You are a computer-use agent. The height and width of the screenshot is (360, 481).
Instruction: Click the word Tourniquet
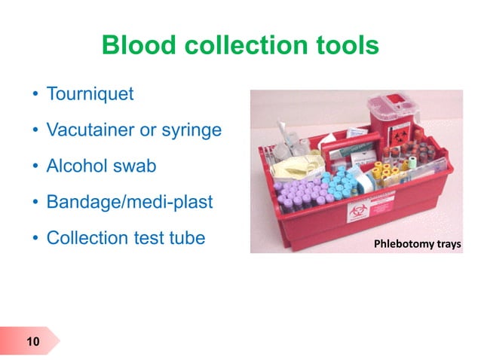point(90,95)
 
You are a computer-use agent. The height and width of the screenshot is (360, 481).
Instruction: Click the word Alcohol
point(77,166)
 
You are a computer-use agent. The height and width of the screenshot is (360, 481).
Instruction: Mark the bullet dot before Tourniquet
point(35,96)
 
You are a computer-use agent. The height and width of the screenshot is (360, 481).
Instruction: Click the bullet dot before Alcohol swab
point(35,166)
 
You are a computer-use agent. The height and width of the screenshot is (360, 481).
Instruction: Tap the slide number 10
point(32,343)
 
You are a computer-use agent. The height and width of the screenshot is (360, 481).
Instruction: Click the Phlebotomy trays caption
point(413,244)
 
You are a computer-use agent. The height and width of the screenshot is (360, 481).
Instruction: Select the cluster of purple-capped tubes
point(298,195)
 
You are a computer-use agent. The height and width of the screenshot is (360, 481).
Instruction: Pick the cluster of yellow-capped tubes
point(391,173)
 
